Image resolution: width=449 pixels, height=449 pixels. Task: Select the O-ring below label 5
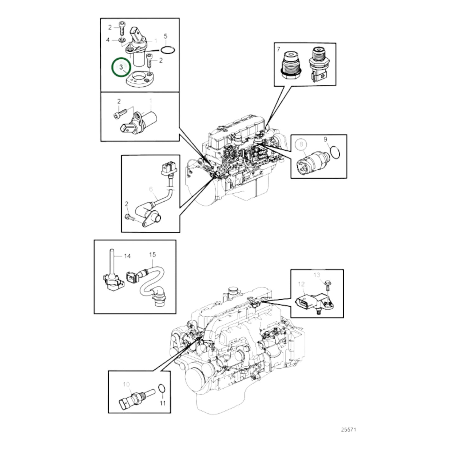(168, 49)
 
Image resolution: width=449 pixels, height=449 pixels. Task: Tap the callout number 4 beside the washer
(108, 40)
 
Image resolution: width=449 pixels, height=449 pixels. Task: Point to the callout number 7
(278, 49)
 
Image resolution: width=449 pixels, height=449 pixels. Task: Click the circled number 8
(301, 144)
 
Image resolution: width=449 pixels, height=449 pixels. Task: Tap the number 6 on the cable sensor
(151, 189)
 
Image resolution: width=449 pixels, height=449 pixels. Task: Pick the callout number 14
(127, 256)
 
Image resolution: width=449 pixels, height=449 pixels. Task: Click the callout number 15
(152, 254)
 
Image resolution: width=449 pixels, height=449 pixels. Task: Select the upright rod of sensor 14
(111, 261)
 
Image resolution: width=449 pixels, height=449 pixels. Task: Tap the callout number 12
(301, 284)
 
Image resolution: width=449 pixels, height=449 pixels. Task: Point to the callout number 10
(126, 384)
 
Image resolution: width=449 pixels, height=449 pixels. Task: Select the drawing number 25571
(348, 430)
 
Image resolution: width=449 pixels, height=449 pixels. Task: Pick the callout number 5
(165, 36)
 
